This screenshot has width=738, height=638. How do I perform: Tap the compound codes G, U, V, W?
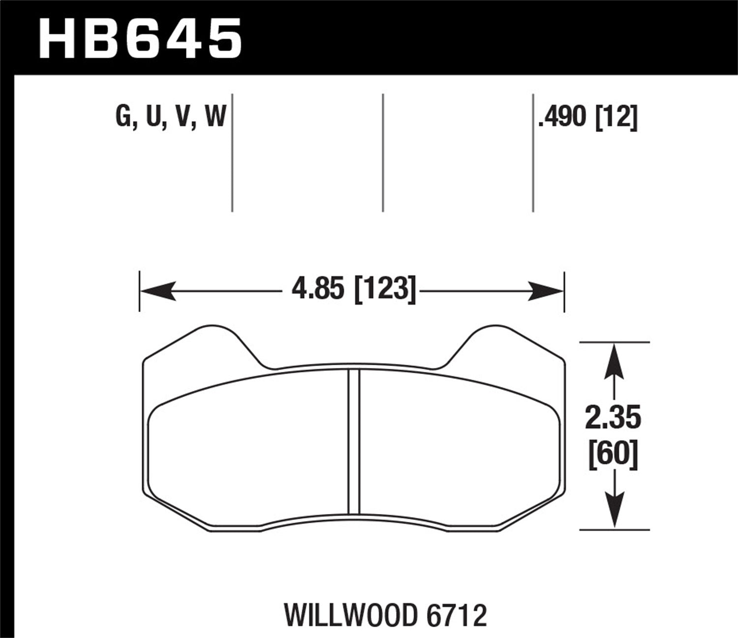click(x=171, y=118)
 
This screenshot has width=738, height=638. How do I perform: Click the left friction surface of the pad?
click(x=246, y=453)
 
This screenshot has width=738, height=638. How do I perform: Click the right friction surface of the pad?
click(x=462, y=453)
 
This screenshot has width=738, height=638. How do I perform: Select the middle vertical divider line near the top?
click(x=383, y=153)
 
